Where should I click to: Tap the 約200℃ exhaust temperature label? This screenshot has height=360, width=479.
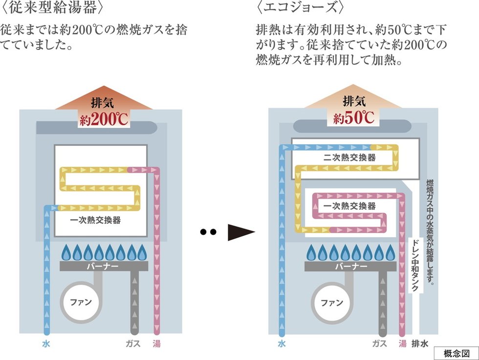pyautogui.click(x=103, y=119)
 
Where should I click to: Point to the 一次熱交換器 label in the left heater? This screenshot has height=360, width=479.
pyautogui.click(x=95, y=220)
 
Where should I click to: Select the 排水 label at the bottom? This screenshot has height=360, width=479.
pyautogui.click(x=420, y=343)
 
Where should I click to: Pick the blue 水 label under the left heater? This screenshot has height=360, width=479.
pyautogui.click(x=46, y=344)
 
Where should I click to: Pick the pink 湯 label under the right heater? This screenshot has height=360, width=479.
pyautogui.click(x=402, y=343)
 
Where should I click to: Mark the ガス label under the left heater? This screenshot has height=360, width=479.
pyautogui.click(x=133, y=344)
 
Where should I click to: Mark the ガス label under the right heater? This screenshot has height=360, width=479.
pyautogui.click(x=380, y=343)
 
